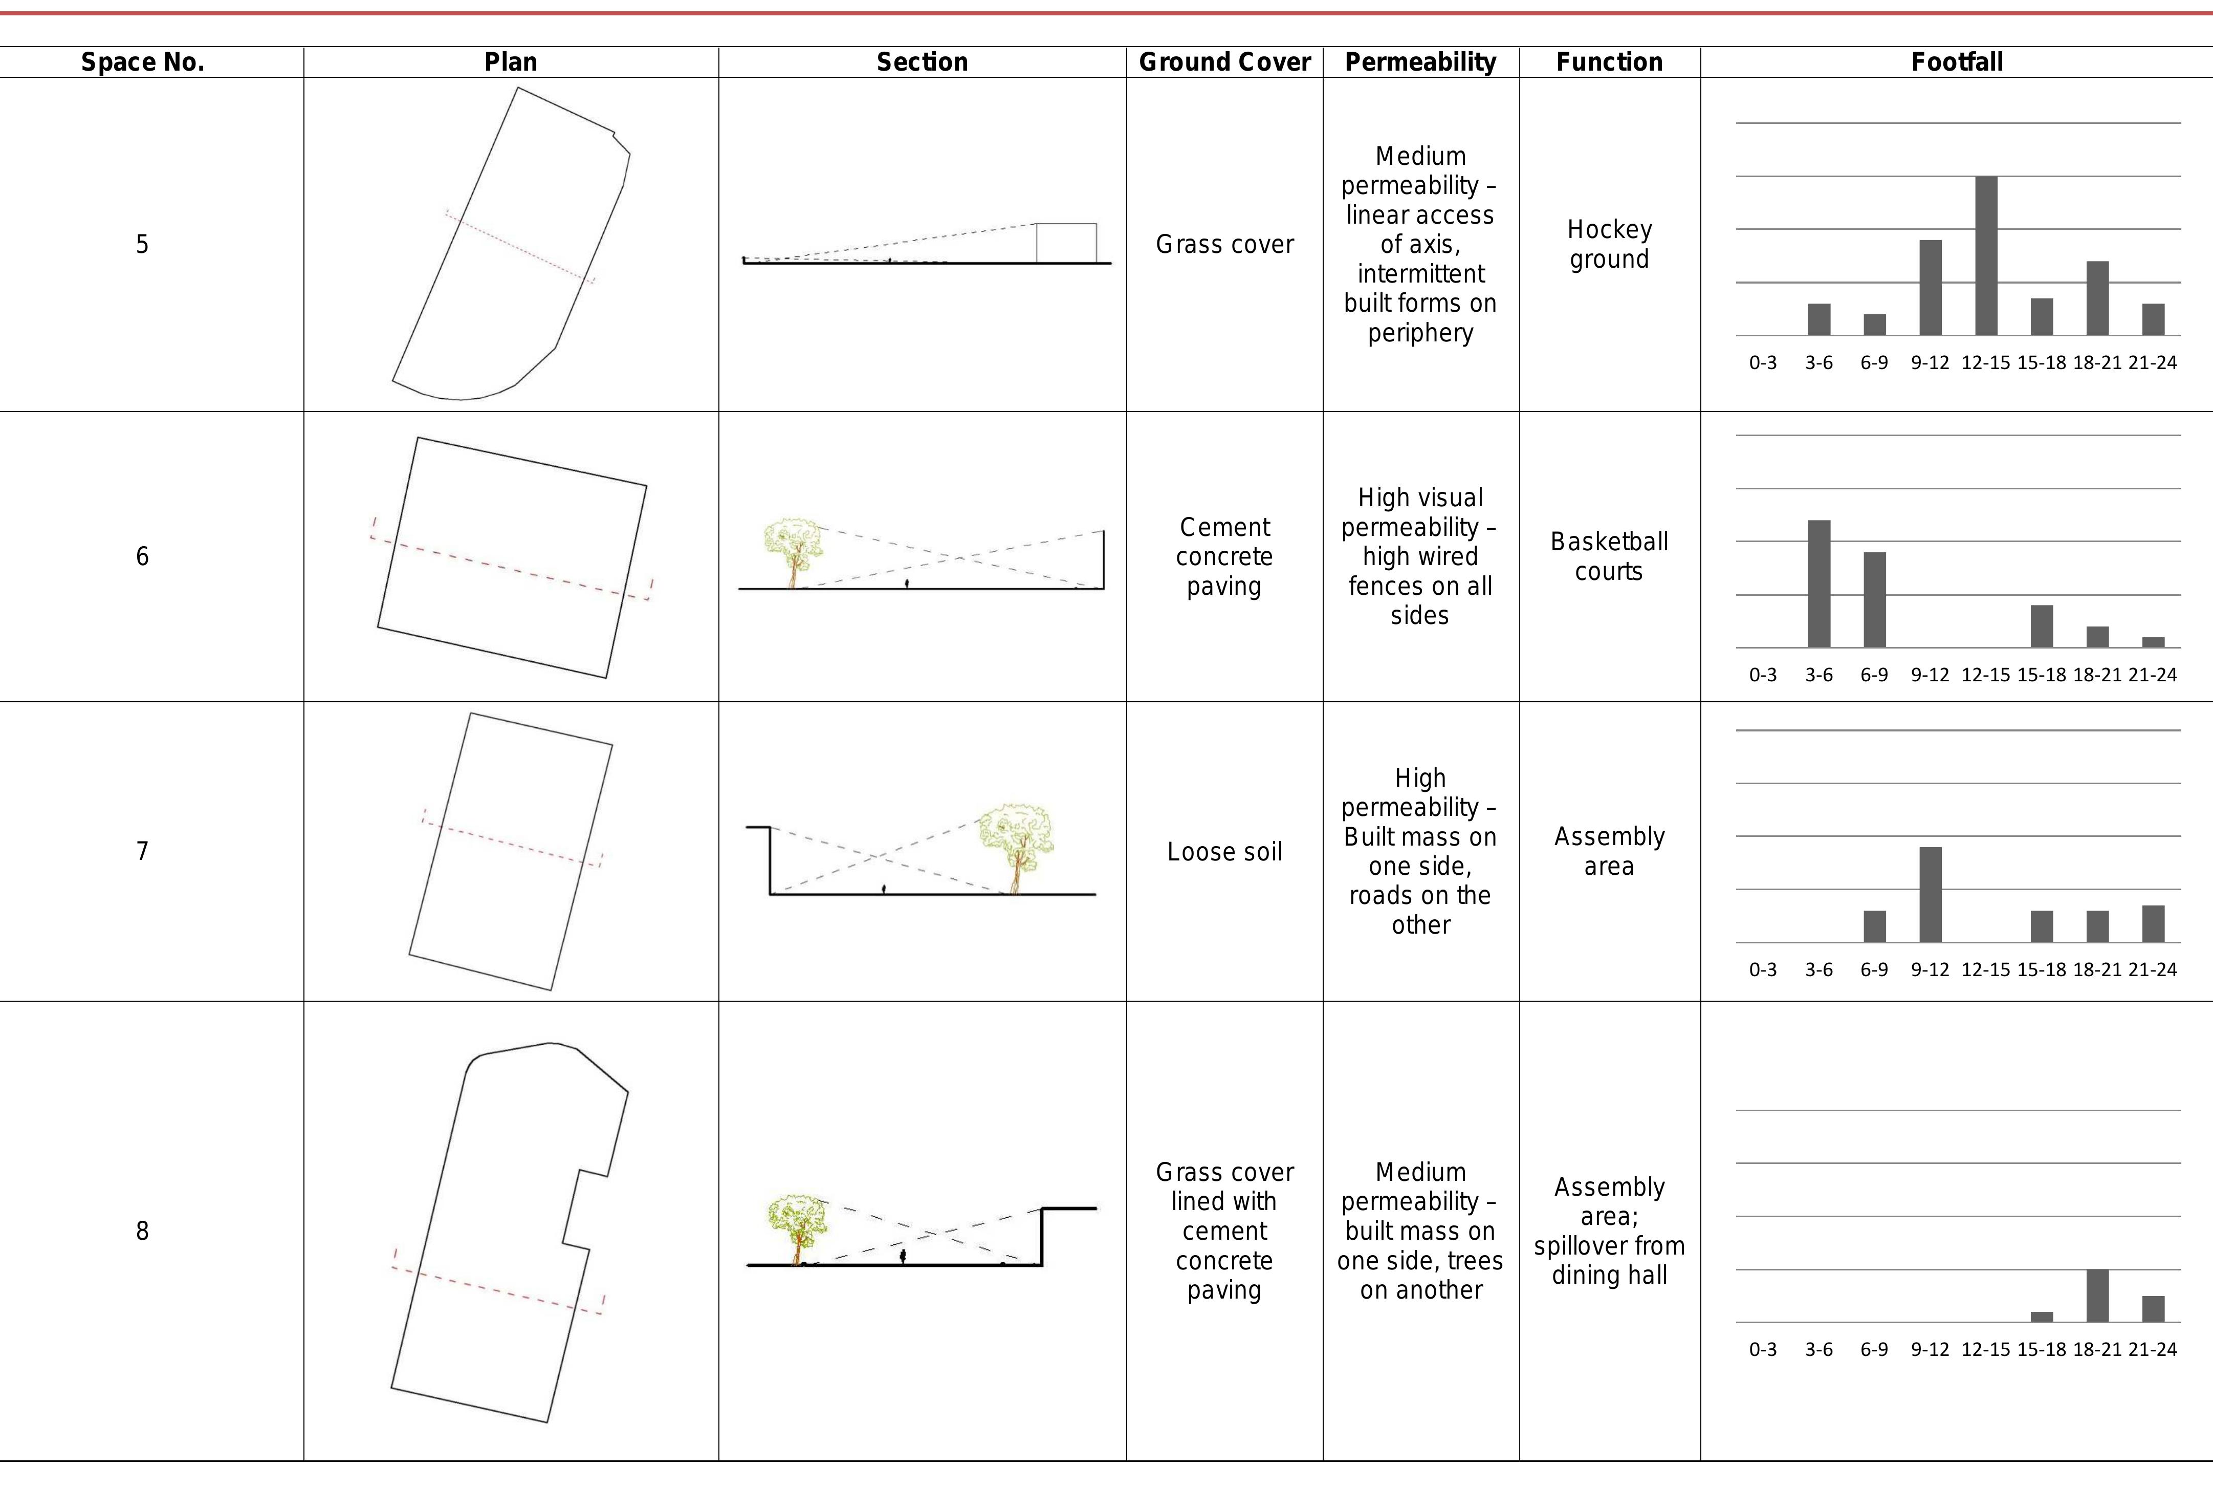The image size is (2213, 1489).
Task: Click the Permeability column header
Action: tap(1420, 62)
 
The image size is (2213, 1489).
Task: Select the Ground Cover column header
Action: tap(1225, 62)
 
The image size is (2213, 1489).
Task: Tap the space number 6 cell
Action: tap(142, 556)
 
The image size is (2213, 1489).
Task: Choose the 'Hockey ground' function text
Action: tap(1609, 244)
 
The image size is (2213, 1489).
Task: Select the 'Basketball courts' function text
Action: tap(1609, 556)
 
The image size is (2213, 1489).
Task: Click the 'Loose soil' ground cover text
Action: tap(1225, 852)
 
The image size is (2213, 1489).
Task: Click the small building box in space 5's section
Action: tap(1066, 243)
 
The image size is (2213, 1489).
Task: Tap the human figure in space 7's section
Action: tap(884, 889)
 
